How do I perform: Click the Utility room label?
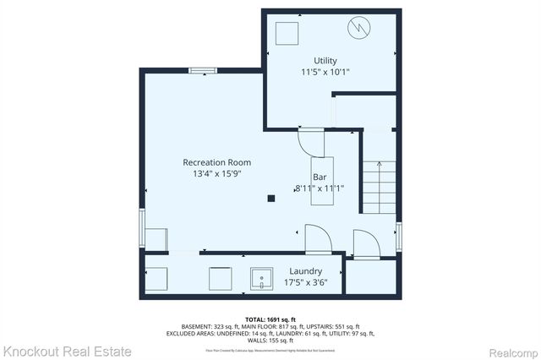point(325,61)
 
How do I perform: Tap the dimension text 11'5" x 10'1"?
point(325,73)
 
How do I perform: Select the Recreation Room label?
point(216,162)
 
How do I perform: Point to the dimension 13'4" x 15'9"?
point(216,174)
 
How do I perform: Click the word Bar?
point(320,177)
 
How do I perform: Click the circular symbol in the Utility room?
point(359,29)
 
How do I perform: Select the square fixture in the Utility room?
point(287,33)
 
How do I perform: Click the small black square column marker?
point(271,199)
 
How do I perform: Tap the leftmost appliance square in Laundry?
point(157,277)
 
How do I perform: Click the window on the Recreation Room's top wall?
point(202,71)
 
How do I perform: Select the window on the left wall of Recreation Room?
point(142,231)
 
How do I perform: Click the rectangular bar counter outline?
point(320,179)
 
